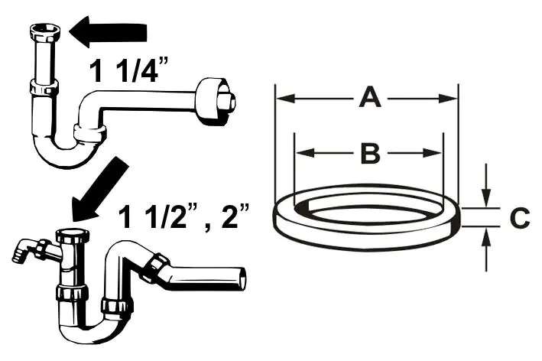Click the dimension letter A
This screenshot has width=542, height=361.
click(x=369, y=98)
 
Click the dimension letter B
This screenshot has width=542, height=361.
click(x=369, y=153)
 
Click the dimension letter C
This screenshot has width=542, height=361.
click(x=519, y=219)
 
